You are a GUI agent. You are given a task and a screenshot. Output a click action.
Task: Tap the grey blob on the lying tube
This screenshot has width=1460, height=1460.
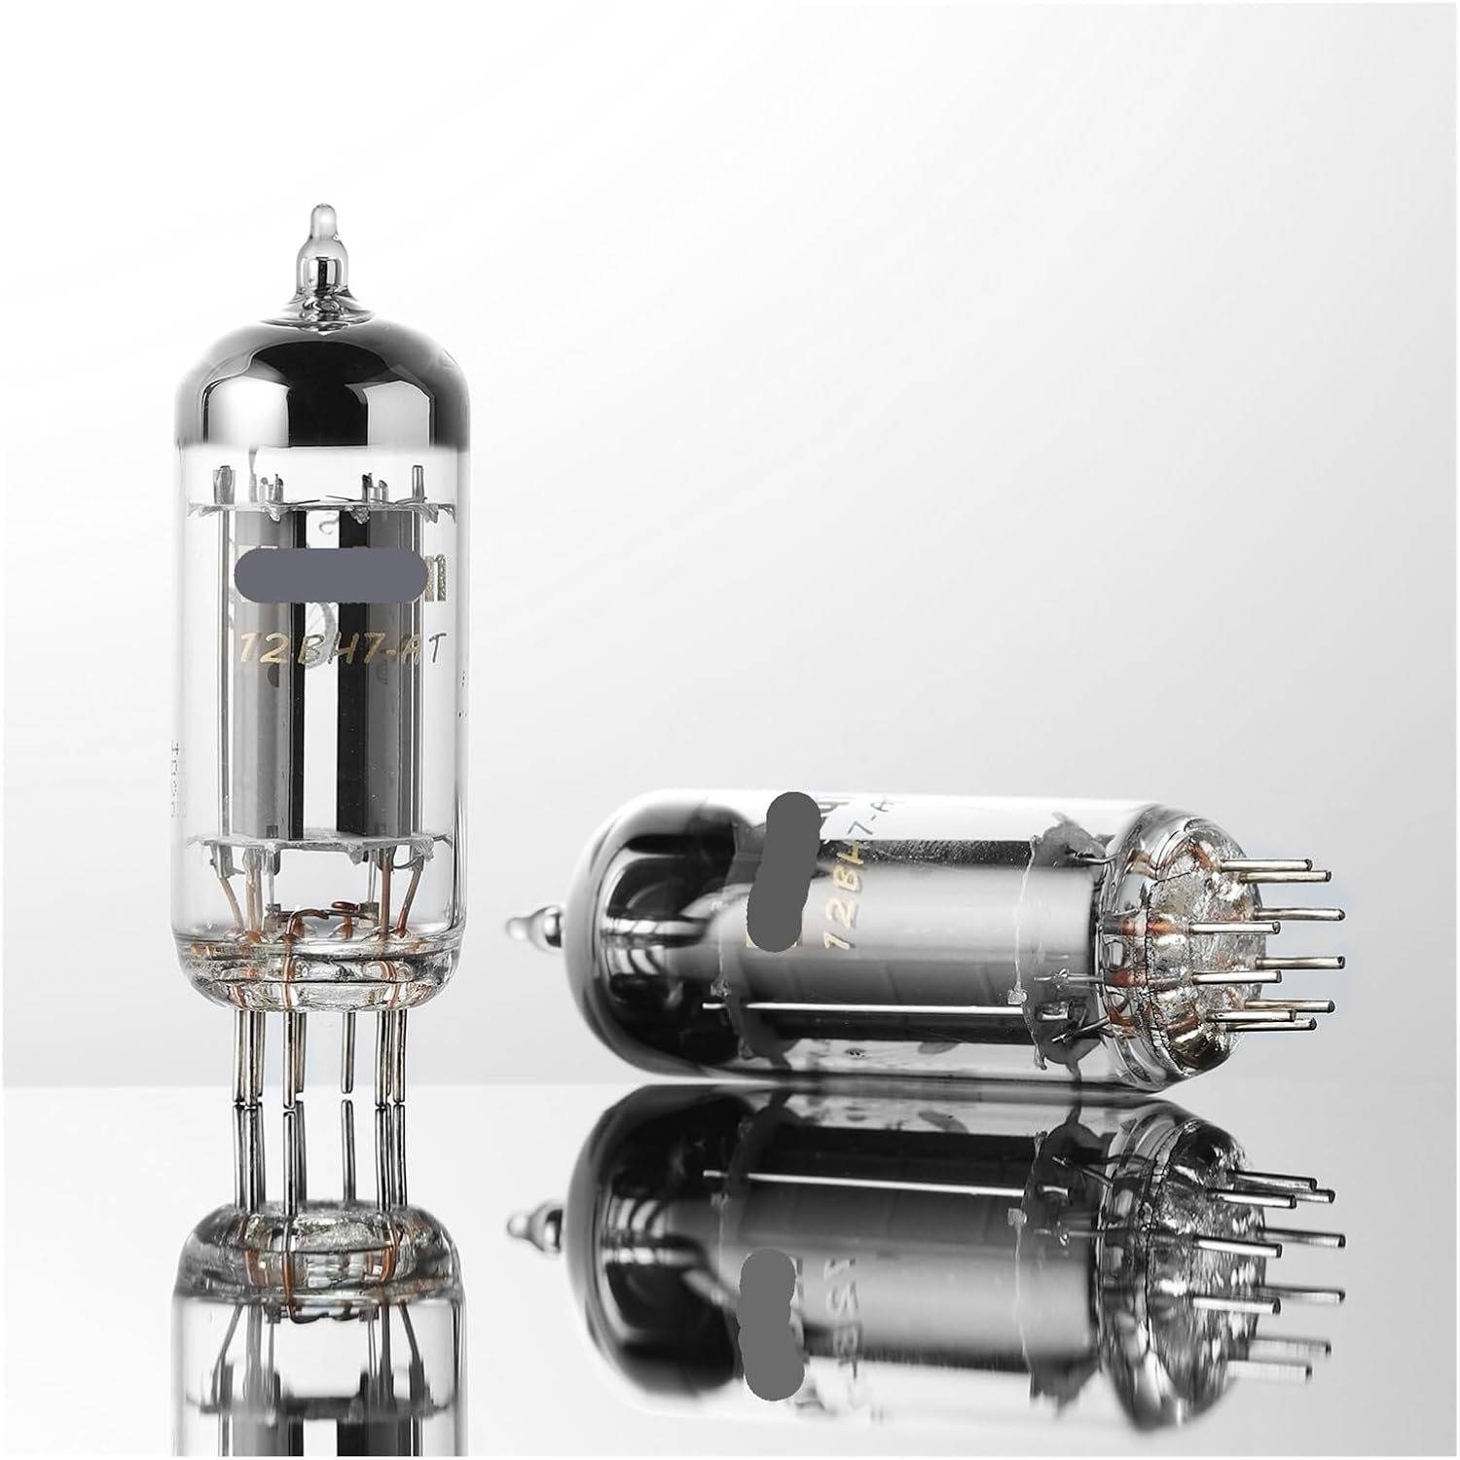click(x=790, y=866)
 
